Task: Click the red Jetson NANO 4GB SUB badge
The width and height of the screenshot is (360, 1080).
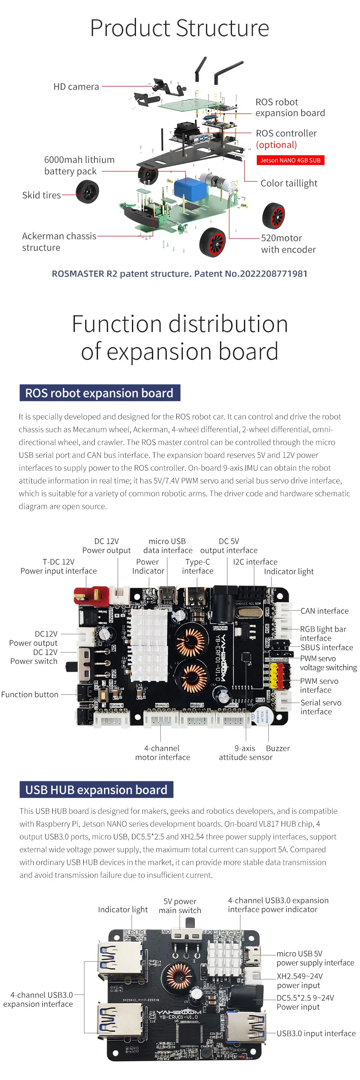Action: (x=290, y=160)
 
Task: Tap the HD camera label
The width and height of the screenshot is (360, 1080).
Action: (x=76, y=87)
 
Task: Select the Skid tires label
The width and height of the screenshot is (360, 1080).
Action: (x=41, y=195)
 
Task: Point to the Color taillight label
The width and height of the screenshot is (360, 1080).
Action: (x=289, y=183)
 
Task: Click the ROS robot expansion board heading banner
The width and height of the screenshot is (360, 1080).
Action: (x=100, y=393)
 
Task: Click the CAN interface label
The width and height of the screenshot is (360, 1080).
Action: (x=324, y=611)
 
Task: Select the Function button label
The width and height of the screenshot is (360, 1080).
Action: (x=30, y=694)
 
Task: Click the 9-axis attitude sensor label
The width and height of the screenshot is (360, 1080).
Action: (x=246, y=753)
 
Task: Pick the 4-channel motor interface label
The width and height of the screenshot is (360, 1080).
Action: (x=163, y=753)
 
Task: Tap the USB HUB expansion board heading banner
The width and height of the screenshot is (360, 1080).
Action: (x=96, y=789)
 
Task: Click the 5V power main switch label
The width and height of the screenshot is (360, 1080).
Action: (x=180, y=905)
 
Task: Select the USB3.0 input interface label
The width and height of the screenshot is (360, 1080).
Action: (x=316, y=1034)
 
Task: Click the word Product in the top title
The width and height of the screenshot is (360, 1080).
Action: (x=130, y=28)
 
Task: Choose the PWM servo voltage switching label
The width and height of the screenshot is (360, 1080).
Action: (x=328, y=663)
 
